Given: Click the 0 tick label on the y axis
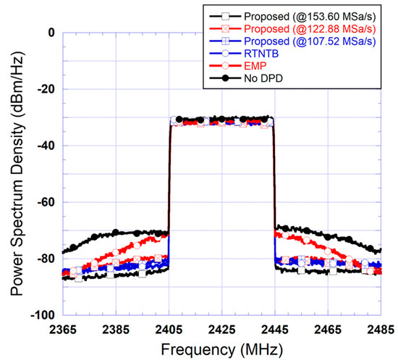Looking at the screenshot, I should pyautogui.click(x=51, y=33).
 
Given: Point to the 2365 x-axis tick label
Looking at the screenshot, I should pyautogui.click(x=63, y=328).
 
